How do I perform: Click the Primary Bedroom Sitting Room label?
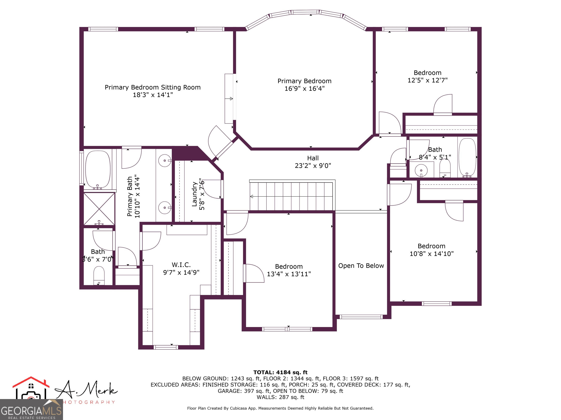[x=152, y=87]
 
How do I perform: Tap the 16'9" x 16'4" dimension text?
[x=304, y=89]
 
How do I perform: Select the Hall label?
[x=313, y=158]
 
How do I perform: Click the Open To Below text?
[x=361, y=266]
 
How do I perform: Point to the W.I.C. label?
[x=181, y=265]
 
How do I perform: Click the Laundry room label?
[x=194, y=194]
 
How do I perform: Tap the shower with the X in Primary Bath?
[x=99, y=209]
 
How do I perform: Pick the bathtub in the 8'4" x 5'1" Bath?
[x=467, y=157]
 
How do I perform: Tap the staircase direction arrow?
[x=252, y=197]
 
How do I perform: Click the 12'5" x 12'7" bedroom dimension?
[x=427, y=80]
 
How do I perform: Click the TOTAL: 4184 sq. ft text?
[x=280, y=372]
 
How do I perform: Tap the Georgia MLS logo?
[x=31, y=409]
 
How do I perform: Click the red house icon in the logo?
[x=31, y=382]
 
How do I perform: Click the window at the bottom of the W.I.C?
[x=166, y=347]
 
